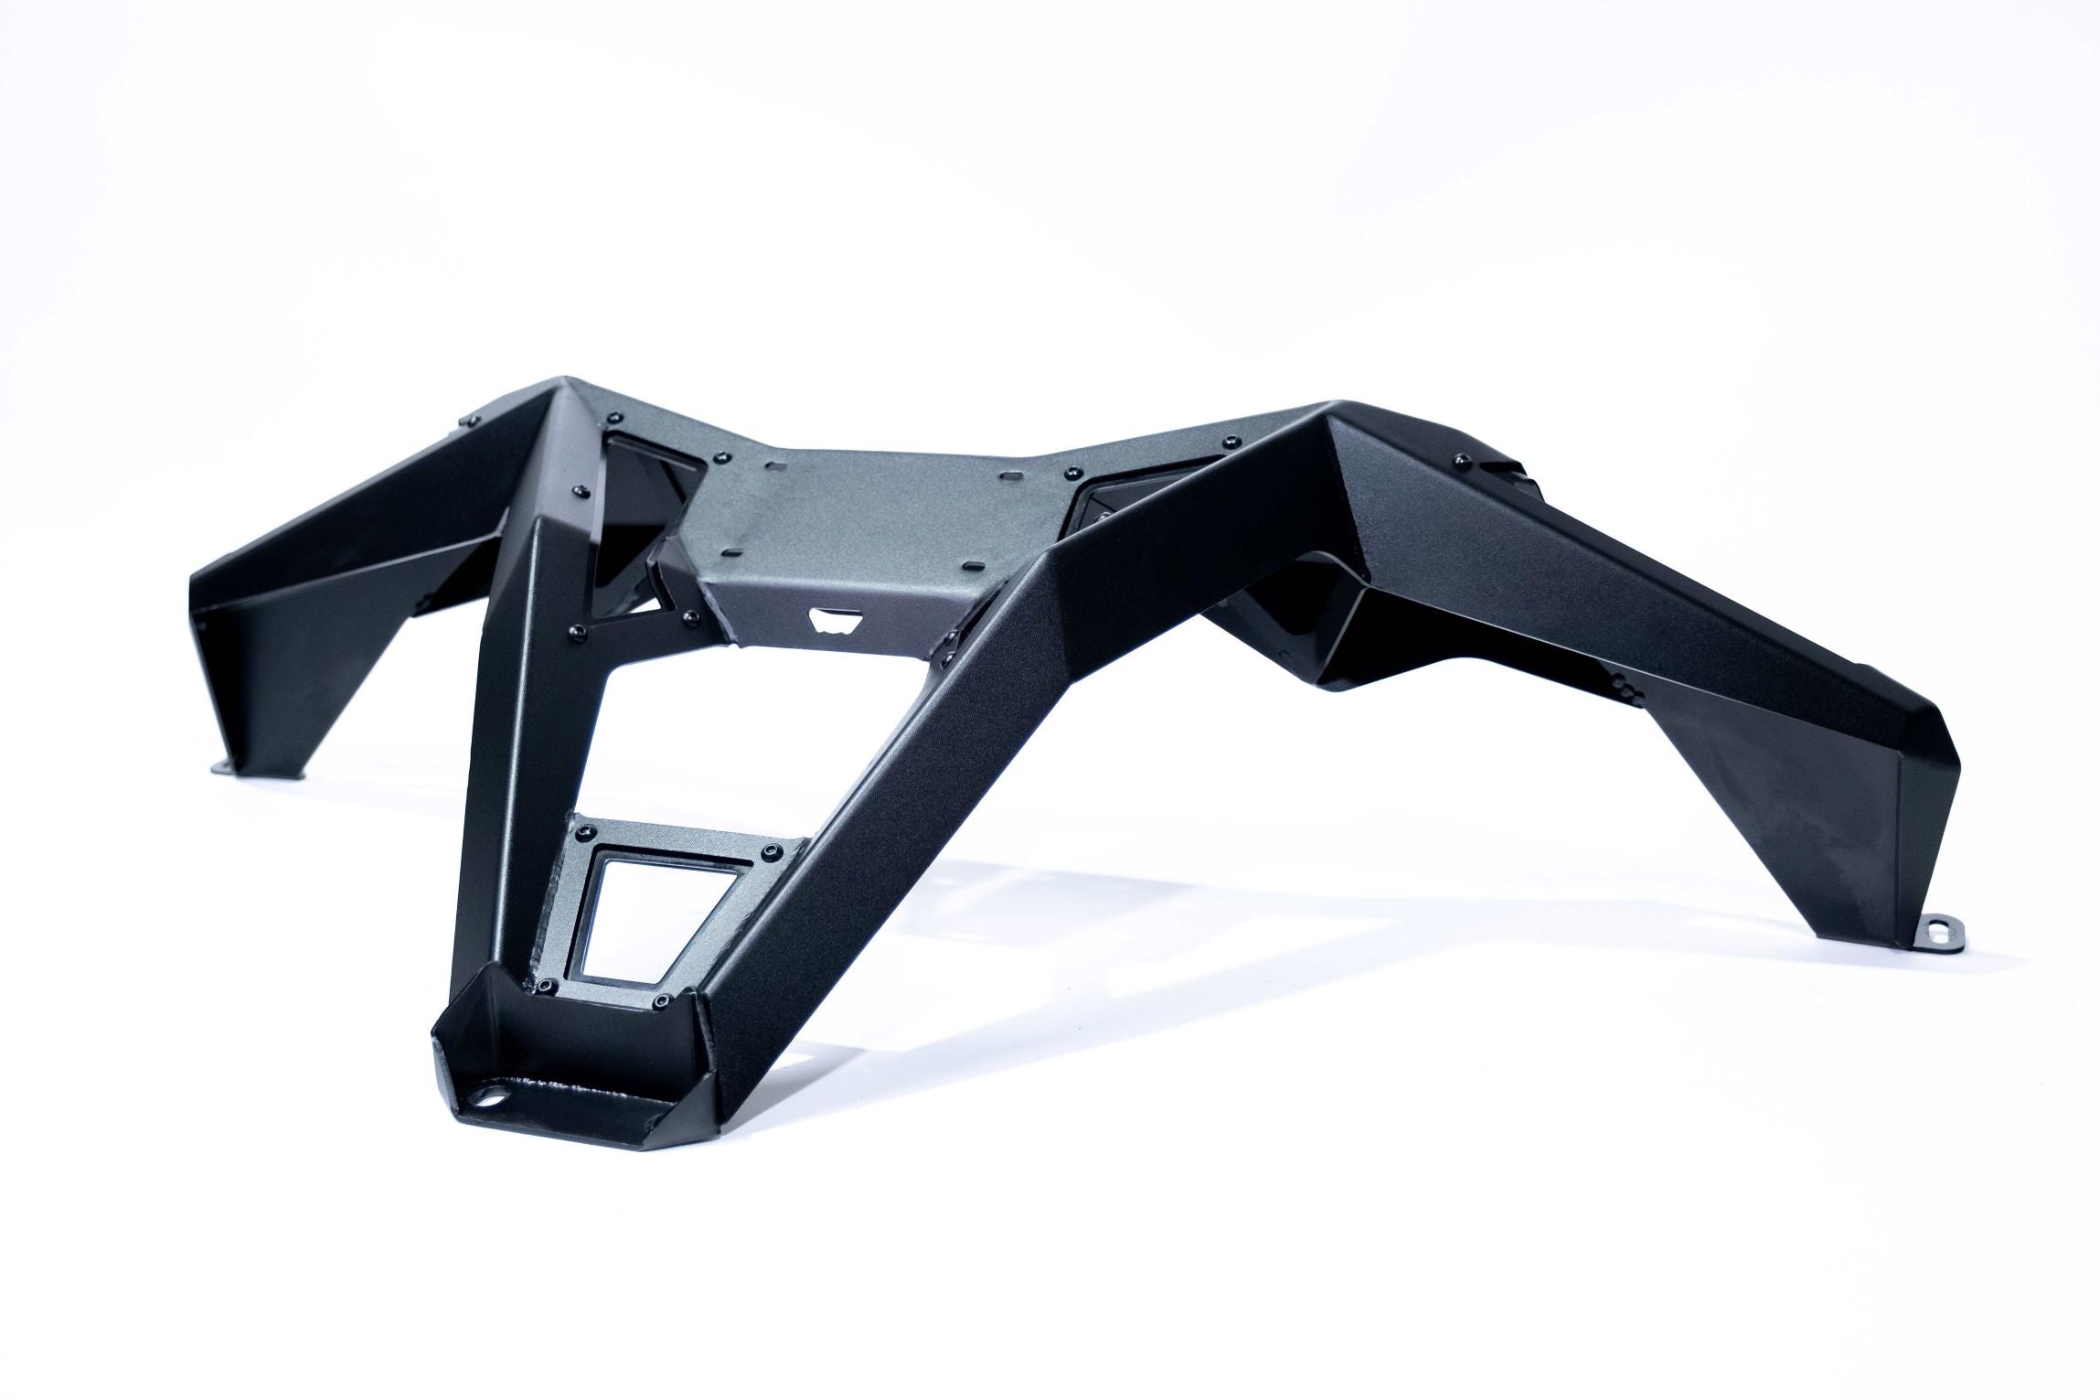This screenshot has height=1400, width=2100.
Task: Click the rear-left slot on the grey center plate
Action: pyautogui.click(x=780, y=468)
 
